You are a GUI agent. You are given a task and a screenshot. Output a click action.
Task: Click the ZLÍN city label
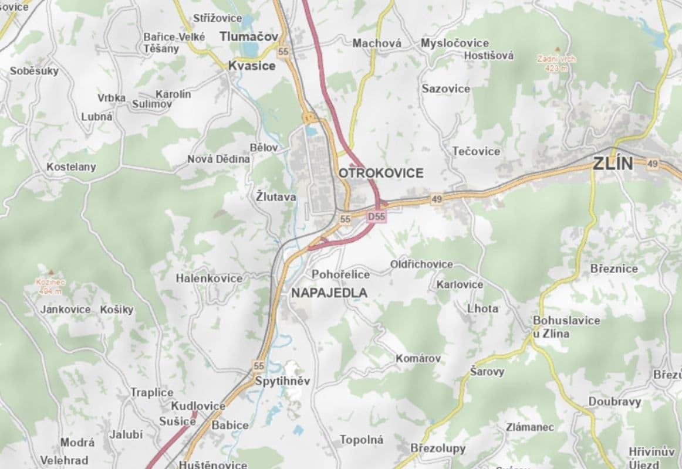pyautogui.click(x=613, y=164)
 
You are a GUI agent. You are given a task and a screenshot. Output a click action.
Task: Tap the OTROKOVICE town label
pyautogui.click(x=381, y=173)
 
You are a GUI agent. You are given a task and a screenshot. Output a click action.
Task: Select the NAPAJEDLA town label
pyautogui.click(x=329, y=293)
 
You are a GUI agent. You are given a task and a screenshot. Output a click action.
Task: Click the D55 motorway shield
pyautogui.click(x=377, y=217)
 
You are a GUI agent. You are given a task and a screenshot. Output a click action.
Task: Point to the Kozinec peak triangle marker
pyautogui.click(x=51, y=272)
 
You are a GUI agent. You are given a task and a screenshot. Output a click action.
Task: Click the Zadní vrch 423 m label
pyautogui.click(x=556, y=63)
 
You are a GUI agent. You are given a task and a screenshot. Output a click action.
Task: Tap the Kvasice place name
pyautogui.click(x=251, y=66)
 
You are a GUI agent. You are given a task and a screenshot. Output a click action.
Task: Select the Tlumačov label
pyautogui.click(x=249, y=36)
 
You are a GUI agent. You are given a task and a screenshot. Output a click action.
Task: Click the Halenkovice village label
pyautogui.click(x=209, y=278)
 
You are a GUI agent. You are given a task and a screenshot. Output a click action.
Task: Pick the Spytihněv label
pyautogui.click(x=282, y=381)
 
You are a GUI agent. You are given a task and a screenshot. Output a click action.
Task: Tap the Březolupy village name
pyautogui.click(x=438, y=448)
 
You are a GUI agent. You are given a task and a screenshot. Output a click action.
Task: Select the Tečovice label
pyautogui.click(x=476, y=151)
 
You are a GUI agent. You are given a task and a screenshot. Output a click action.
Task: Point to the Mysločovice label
pyautogui.click(x=455, y=43)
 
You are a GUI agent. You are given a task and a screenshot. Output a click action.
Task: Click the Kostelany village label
pyautogui.click(x=71, y=167)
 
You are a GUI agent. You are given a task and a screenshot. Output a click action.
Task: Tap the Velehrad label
pyautogui.click(x=64, y=460)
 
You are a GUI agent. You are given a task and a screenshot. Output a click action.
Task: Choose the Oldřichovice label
pyautogui.click(x=421, y=264)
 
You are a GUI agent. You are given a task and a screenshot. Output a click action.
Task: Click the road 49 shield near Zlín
pyautogui.click(x=653, y=164)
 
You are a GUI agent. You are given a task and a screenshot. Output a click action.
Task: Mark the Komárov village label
pyautogui.click(x=418, y=358)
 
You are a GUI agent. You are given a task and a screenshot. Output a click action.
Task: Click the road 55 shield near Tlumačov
pyautogui.click(x=284, y=52)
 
